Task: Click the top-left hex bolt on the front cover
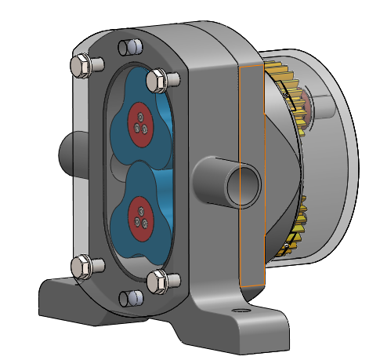tap(81, 64)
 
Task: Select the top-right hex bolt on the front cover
tap(160, 79)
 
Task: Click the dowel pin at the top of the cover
tap(130, 48)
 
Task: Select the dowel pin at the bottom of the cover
tap(132, 297)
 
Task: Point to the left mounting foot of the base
tap(67, 302)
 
